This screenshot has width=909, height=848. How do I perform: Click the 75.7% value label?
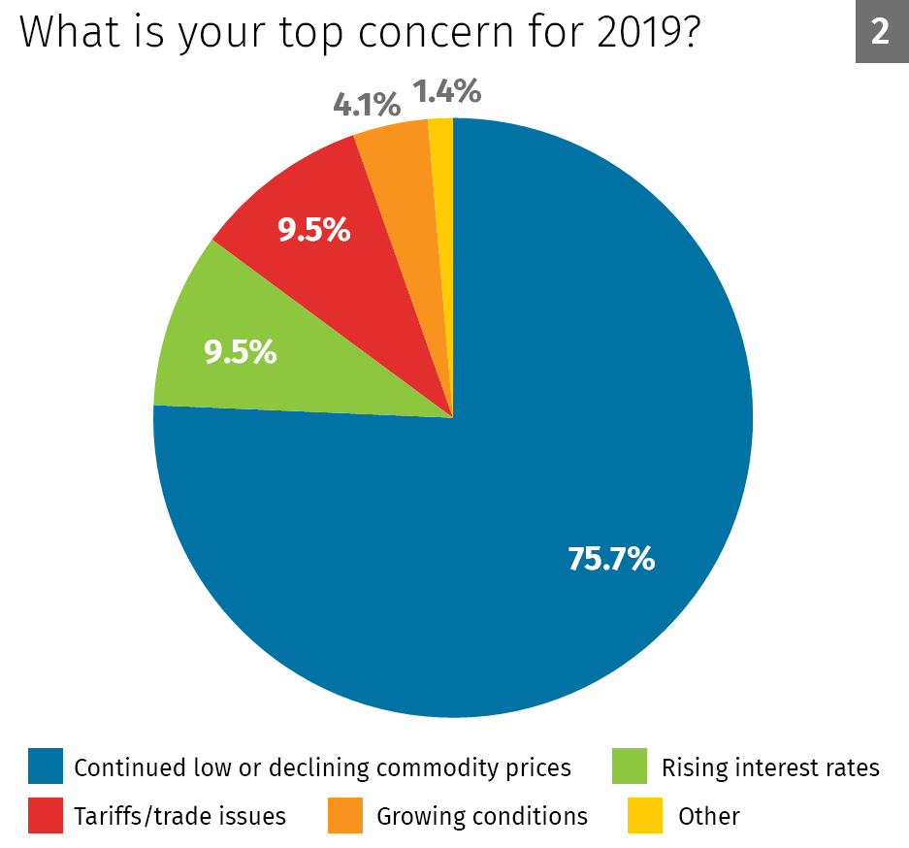[x=611, y=559]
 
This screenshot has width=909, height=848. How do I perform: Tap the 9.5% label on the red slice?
[x=313, y=230]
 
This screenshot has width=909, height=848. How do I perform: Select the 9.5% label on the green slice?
[x=240, y=352]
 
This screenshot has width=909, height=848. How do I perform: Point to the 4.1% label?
[x=367, y=104]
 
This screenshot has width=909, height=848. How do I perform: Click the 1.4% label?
[x=446, y=92]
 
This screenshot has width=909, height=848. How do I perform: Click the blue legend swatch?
[x=46, y=766]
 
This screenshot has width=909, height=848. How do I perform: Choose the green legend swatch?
[x=630, y=766]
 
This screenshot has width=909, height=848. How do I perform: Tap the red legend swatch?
[x=46, y=815]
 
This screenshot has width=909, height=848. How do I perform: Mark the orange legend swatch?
[x=344, y=815]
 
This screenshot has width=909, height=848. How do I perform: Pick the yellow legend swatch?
[x=645, y=815]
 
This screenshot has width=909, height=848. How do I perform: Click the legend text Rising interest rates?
[x=770, y=768]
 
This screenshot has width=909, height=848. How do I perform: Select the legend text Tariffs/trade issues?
[x=179, y=816]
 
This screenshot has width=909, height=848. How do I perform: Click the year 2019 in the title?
[x=630, y=32]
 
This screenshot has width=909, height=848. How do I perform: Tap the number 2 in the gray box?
[x=880, y=32]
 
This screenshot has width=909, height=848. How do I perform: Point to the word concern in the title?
[x=428, y=32]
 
